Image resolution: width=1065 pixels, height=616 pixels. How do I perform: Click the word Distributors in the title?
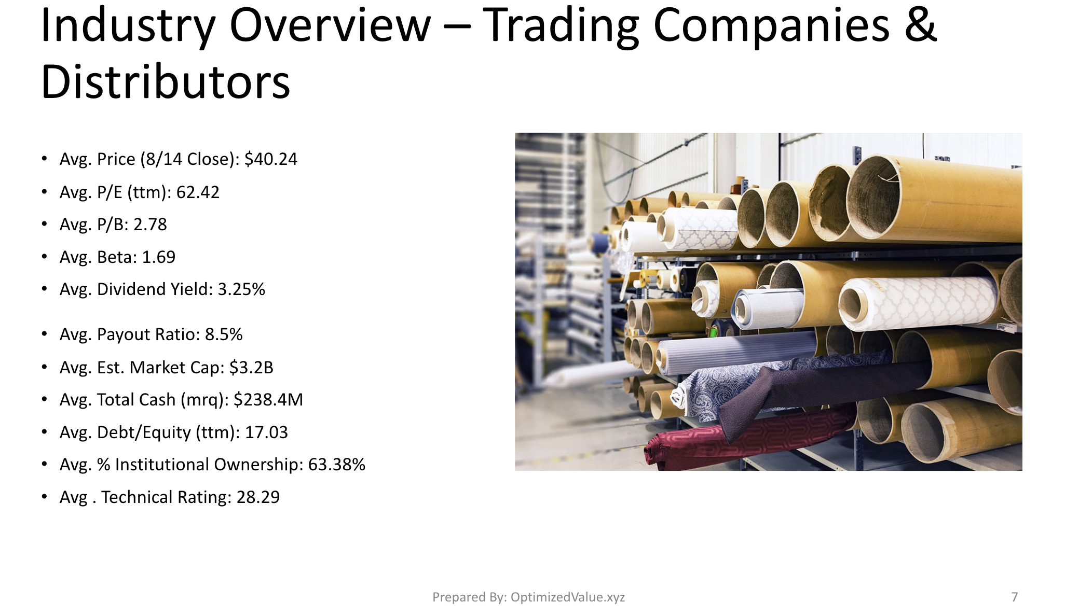click(x=166, y=82)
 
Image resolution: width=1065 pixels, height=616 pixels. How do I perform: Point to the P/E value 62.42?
click(x=198, y=192)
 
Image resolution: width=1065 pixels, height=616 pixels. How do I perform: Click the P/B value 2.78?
click(x=150, y=225)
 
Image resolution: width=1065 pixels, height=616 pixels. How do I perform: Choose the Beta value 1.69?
click(x=159, y=257)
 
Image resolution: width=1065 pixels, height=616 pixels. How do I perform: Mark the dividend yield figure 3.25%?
click(x=241, y=289)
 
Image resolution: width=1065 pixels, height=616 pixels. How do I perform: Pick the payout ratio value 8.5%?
click(x=224, y=334)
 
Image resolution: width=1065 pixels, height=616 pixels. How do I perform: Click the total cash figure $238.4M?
click(x=268, y=400)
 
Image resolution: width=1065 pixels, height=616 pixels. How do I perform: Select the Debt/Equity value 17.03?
click(x=266, y=432)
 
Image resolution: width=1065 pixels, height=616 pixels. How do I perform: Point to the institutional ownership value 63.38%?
click(x=337, y=465)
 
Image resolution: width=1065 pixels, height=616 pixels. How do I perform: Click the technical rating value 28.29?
click(x=258, y=497)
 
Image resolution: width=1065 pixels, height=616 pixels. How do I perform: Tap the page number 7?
click(x=1015, y=597)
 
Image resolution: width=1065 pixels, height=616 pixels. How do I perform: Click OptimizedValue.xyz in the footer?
click(x=568, y=597)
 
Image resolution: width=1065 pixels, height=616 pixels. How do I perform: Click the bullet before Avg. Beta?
click(x=45, y=257)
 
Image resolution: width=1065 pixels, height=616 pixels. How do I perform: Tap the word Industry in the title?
click(x=127, y=26)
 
